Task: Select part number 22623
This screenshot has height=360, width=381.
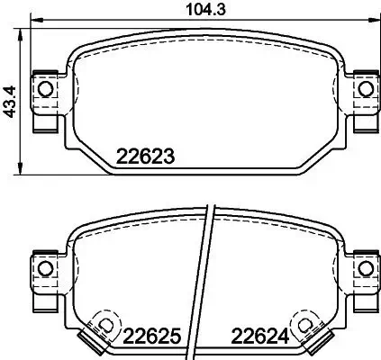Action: click(x=145, y=156)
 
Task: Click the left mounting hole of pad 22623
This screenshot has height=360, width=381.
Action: click(x=44, y=88)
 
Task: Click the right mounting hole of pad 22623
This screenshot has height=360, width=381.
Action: click(x=365, y=88)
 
